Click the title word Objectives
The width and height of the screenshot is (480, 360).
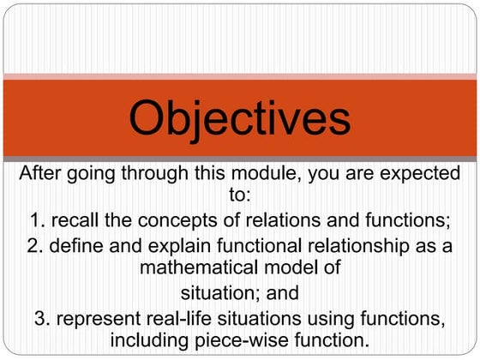click(x=240, y=118)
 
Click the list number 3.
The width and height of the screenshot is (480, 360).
click(x=41, y=319)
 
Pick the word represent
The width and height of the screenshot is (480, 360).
click(x=97, y=319)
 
